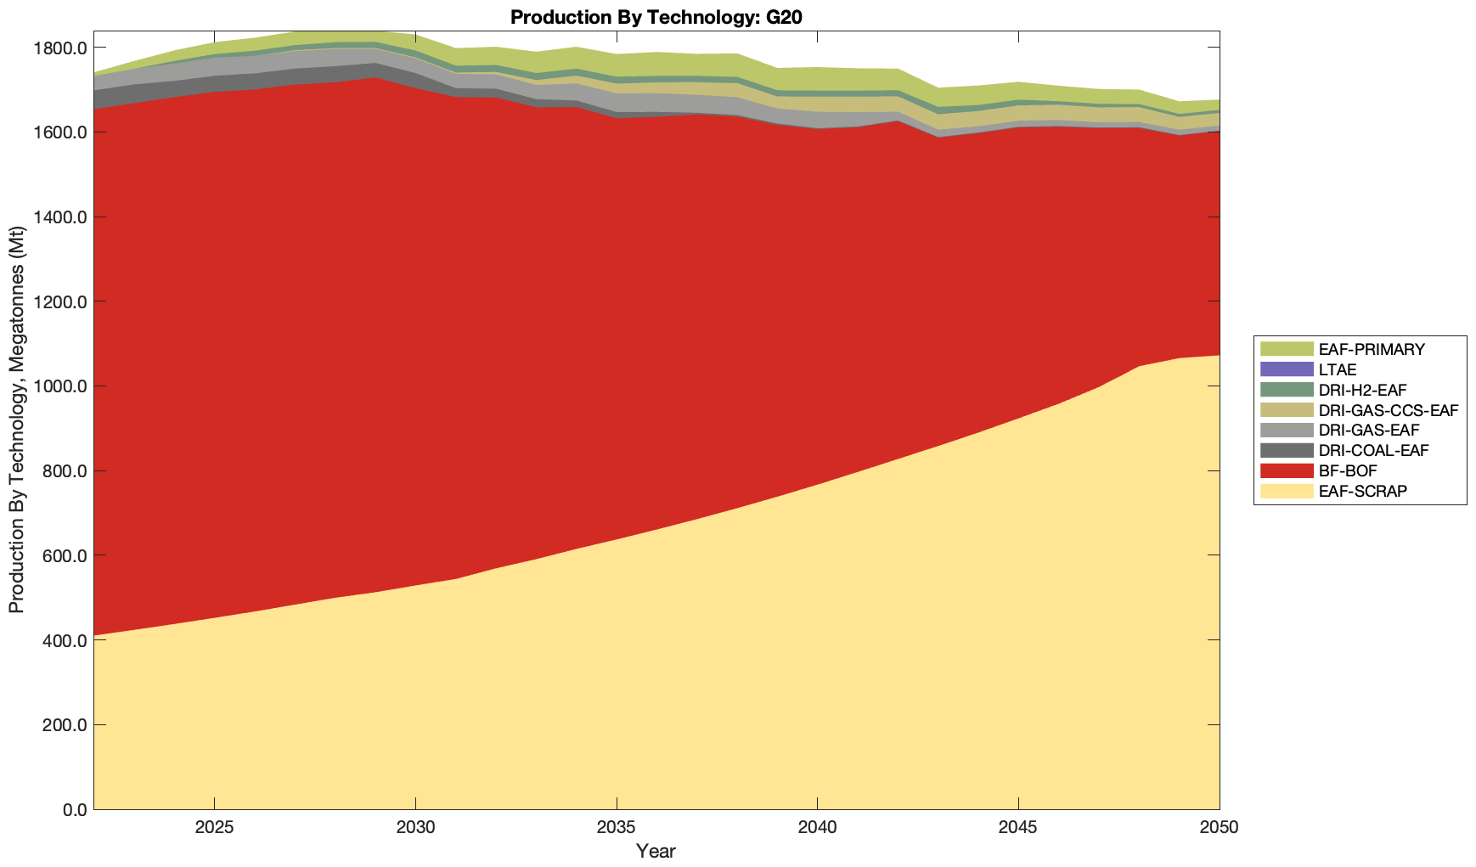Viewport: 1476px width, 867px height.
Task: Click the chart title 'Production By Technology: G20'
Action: click(656, 16)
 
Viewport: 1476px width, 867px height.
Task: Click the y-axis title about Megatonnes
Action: click(17, 420)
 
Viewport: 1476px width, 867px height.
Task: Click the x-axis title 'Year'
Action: click(656, 851)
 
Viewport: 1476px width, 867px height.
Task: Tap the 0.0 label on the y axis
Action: click(71, 809)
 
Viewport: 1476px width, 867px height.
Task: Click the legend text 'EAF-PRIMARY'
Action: click(1372, 349)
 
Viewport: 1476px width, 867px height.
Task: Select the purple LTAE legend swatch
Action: click(1286, 369)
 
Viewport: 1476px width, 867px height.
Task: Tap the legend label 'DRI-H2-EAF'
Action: click(1362, 390)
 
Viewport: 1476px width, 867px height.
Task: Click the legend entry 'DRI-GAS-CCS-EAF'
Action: click(1388, 410)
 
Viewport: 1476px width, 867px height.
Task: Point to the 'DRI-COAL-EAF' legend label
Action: click(1373, 450)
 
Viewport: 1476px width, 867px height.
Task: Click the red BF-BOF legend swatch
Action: click(1286, 470)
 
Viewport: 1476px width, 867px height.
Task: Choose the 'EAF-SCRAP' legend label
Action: click(1362, 491)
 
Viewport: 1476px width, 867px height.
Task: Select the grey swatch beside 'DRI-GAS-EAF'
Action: click(1286, 431)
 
